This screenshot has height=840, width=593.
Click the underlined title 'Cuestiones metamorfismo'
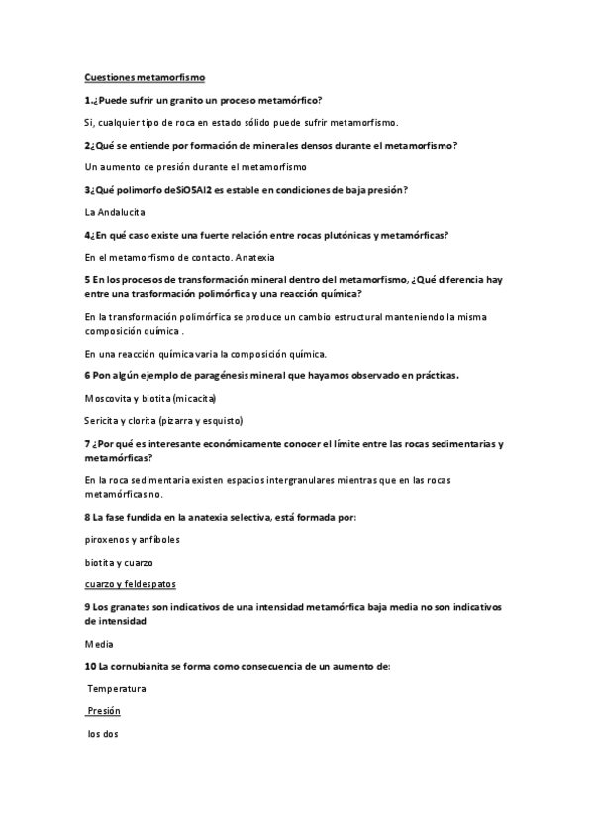(145, 77)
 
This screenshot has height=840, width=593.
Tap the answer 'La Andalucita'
(115, 212)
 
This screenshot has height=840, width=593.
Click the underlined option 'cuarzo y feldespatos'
(131, 583)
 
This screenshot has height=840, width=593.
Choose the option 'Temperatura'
(117, 688)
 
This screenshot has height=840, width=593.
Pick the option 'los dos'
(103, 734)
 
